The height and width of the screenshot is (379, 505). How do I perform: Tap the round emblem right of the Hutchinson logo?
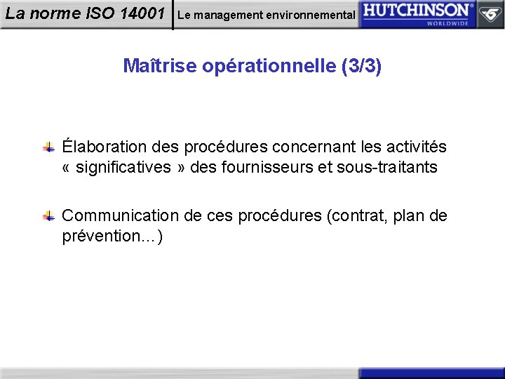pyautogui.click(x=490, y=13)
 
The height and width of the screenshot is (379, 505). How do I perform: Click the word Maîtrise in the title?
pyautogui.click(x=159, y=66)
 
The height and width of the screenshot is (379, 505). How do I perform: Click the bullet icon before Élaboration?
pyautogui.click(x=49, y=147)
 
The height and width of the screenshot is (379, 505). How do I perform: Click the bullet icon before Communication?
pyautogui.click(x=49, y=216)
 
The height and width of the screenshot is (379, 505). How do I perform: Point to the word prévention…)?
pyautogui.click(x=112, y=236)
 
